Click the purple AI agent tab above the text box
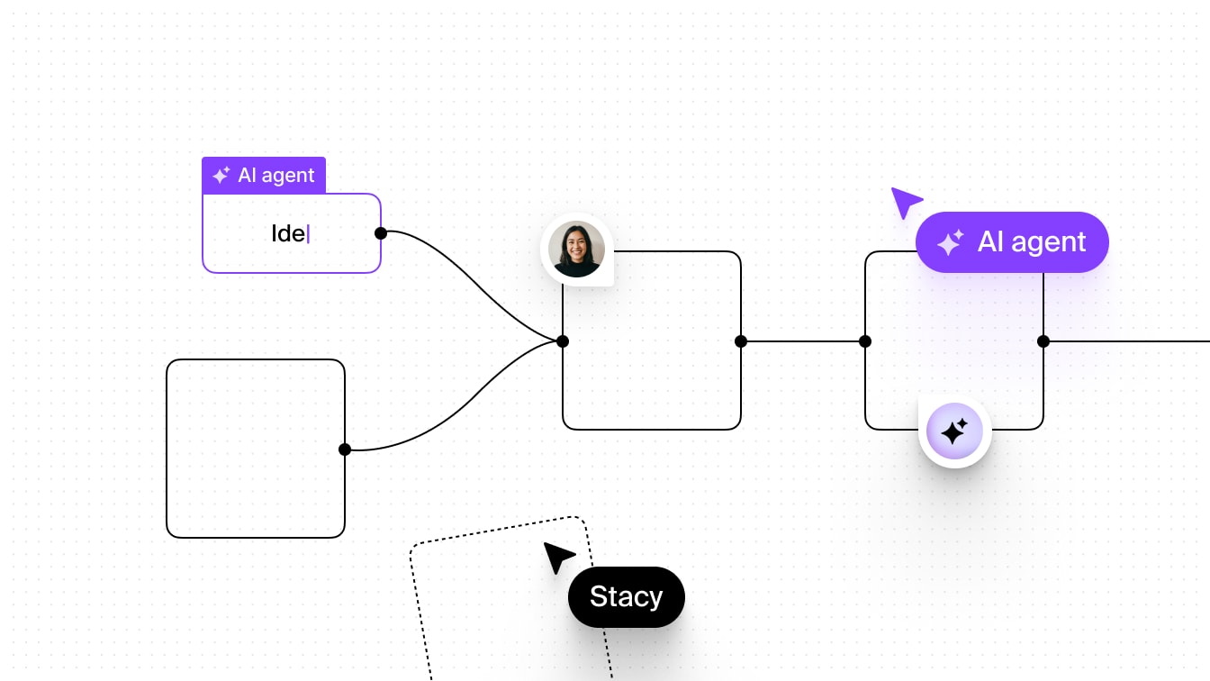[x=264, y=175]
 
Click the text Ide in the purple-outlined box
[x=288, y=233]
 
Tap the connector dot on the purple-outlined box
[x=381, y=233]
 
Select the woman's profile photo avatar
[x=576, y=249]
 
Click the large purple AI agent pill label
[x=1013, y=242]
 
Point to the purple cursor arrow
[x=904, y=201]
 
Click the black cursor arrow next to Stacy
[x=557, y=557]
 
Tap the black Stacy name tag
[x=627, y=597]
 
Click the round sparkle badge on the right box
[x=954, y=432]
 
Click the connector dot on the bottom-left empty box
[x=345, y=449]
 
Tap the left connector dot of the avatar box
[x=563, y=341]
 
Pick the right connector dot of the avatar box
[x=741, y=341]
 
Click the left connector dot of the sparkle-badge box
[x=865, y=341]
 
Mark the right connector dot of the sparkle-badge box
[x=1043, y=341]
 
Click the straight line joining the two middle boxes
[x=803, y=341]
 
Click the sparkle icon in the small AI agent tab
[x=221, y=176]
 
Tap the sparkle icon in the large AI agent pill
[x=950, y=243]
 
